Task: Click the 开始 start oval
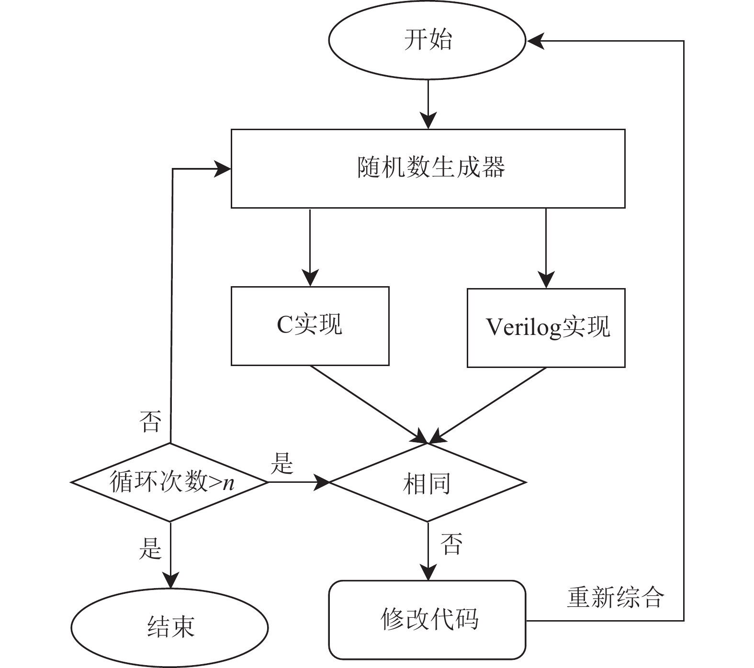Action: [x=427, y=40]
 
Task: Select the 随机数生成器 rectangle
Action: [x=428, y=168]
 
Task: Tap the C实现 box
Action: [x=310, y=326]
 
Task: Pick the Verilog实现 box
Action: [x=546, y=328]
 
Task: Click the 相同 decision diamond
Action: [x=427, y=482]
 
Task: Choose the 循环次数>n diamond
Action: [x=170, y=482]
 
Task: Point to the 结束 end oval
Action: [x=170, y=627]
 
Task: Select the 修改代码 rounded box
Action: [x=427, y=620]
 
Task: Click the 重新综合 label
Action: [x=616, y=597]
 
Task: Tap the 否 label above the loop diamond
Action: [x=150, y=421]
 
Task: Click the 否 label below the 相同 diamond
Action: [x=451, y=544]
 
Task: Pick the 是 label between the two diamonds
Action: [x=282, y=463]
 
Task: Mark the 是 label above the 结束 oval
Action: [x=150, y=548]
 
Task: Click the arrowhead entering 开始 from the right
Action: [x=535, y=41]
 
